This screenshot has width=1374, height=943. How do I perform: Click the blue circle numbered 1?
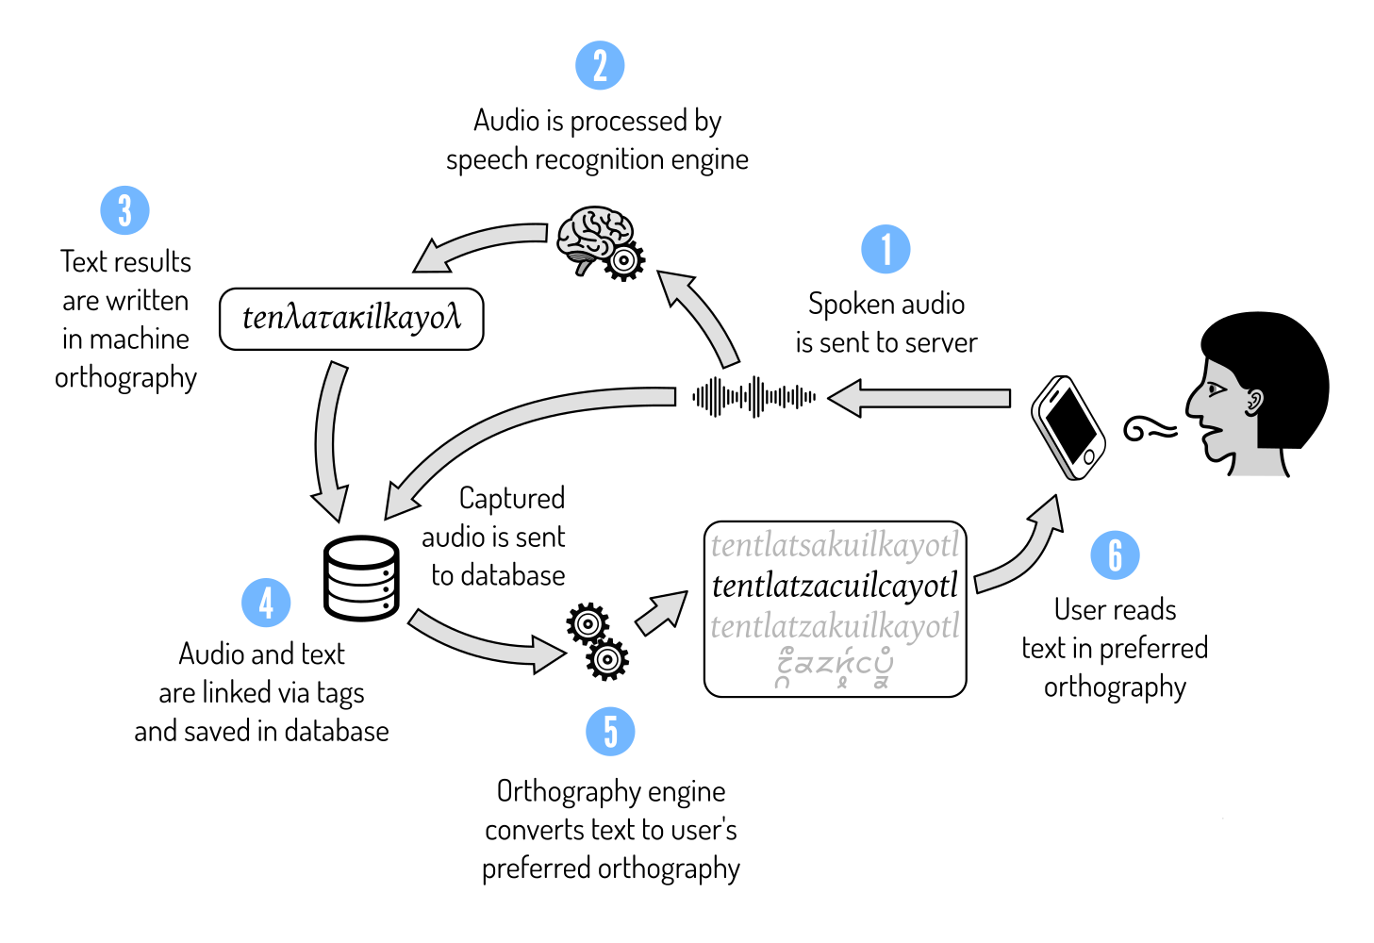coord(886,249)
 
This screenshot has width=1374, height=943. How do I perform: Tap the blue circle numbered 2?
coord(600,66)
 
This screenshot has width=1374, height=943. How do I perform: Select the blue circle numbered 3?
coord(125,210)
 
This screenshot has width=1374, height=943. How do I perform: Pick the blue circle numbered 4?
coord(266,603)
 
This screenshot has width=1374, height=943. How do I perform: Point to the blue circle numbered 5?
coord(610,732)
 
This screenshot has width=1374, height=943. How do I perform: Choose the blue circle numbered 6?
coord(1115,555)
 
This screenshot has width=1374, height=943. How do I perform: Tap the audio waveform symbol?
coord(753,397)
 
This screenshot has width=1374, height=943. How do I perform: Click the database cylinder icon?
coord(361,578)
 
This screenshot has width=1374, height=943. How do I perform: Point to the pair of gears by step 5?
coord(597,640)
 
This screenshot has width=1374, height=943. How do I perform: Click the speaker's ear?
coord(1253,402)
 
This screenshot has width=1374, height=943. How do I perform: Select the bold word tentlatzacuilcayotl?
coord(835,586)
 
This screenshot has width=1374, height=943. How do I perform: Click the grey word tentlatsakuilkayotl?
coord(835,545)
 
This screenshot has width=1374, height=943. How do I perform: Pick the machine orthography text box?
coord(351,319)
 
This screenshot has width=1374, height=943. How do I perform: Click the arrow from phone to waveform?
coord(919,398)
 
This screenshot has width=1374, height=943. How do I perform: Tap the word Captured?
coord(512,498)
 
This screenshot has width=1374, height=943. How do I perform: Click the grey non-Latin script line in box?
coord(835,667)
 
